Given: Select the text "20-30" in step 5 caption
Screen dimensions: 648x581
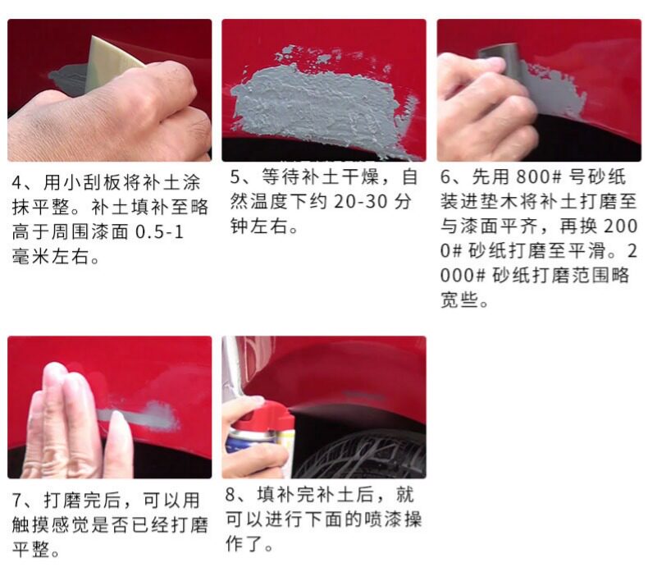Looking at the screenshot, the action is tap(360, 202).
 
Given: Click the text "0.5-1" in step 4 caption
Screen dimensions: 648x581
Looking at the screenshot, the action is tap(159, 232).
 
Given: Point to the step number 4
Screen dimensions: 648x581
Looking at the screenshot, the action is tap(16, 182).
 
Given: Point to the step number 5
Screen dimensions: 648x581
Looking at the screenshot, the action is tap(235, 177).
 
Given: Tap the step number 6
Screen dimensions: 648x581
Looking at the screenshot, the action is tap(445, 177).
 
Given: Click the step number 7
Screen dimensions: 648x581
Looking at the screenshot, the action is tap(16, 500).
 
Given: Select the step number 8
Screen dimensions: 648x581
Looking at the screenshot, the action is tap(230, 495).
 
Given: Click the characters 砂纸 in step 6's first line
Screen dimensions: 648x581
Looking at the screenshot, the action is tap(607, 177).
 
